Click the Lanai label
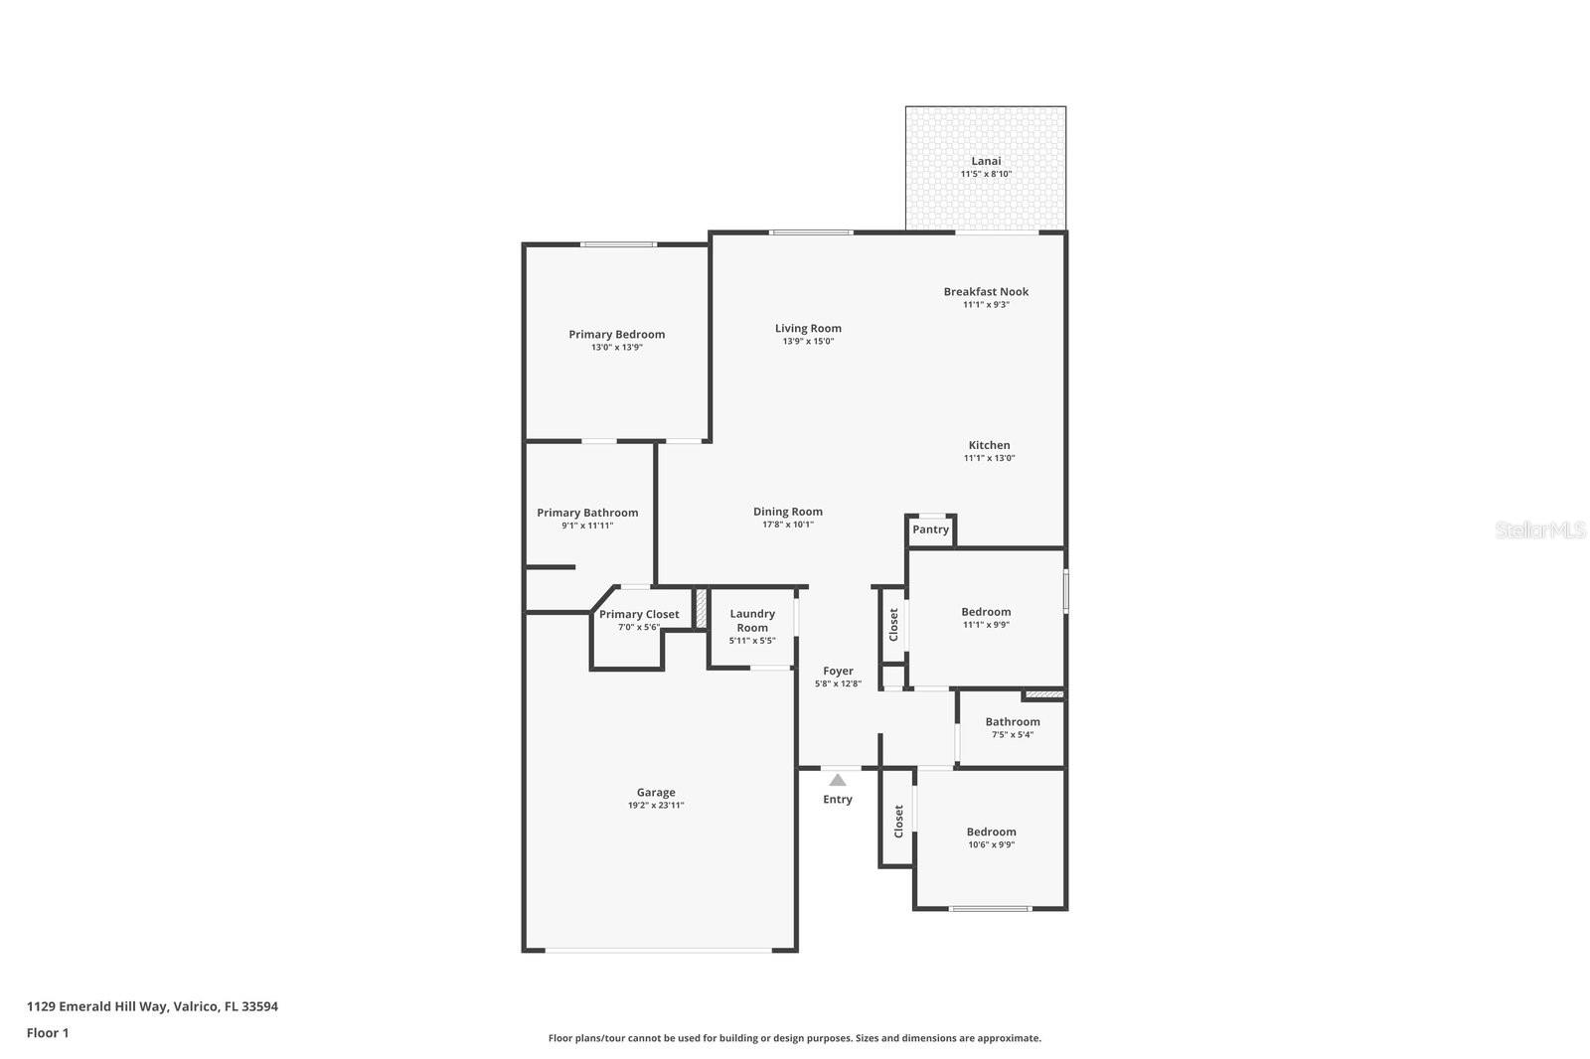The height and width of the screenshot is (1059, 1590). point(985,161)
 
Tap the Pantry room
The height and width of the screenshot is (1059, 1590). point(930,529)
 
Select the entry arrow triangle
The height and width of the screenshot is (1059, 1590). point(838,780)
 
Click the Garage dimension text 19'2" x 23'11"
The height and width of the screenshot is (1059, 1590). point(656,806)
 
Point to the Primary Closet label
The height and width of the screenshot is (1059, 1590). point(639,614)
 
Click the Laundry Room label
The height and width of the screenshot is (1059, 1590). point(752,621)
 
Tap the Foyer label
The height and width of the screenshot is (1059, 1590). point(838,671)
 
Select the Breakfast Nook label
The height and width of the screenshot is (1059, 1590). point(986,291)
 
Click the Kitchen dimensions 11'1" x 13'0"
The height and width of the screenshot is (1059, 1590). point(989,458)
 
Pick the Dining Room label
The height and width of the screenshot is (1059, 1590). point(787,512)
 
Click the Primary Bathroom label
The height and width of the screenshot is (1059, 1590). point(587,513)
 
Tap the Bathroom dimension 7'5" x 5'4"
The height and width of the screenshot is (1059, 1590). point(1012,735)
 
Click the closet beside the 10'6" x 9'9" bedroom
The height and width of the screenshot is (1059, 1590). point(897,821)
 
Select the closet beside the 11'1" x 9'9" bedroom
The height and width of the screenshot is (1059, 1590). point(893,624)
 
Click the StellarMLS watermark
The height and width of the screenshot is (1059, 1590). point(1540,530)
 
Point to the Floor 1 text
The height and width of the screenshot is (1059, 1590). point(48,1033)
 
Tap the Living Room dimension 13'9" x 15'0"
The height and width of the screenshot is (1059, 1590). point(808,342)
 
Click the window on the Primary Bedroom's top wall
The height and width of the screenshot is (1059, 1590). point(618,244)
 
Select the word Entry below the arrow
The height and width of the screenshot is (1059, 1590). point(838,800)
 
